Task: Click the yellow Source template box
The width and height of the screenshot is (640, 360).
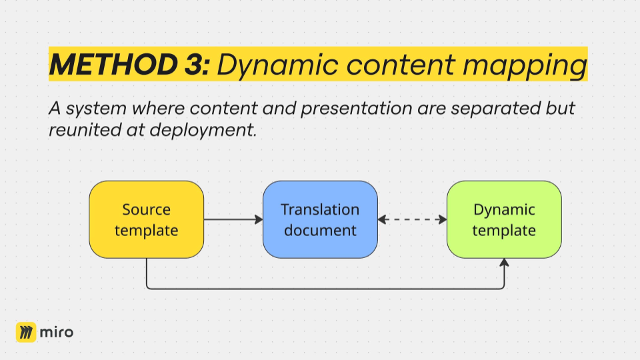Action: pyautogui.click(x=147, y=219)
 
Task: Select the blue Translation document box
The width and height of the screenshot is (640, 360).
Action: pyautogui.click(x=320, y=219)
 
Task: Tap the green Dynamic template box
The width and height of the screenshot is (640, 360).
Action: pyautogui.click(x=504, y=219)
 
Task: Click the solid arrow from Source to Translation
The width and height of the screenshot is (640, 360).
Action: pyautogui.click(x=233, y=219)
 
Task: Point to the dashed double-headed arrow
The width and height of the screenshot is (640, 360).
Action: pyautogui.click(x=412, y=219)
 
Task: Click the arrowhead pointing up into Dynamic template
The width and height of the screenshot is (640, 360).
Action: pyautogui.click(x=504, y=263)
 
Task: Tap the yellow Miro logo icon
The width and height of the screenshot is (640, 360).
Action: pyautogui.click(x=26, y=332)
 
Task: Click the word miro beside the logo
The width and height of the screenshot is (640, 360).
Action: pyautogui.click(x=57, y=332)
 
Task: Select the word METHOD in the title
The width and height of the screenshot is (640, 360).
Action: pyautogui.click(x=113, y=65)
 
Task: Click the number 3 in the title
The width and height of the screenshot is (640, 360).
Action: pyautogui.click(x=194, y=65)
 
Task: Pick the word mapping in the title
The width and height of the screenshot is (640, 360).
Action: pyautogui.click(x=525, y=66)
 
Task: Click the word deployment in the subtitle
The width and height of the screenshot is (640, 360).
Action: pyautogui.click(x=203, y=131)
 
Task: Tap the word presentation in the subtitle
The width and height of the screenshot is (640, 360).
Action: pyautogui.click(x=357, y=109)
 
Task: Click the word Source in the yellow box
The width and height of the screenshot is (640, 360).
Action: pyautogui.click(x=147, y=209)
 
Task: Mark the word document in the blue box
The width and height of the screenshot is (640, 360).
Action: pyautogui.click(x=320, y=230)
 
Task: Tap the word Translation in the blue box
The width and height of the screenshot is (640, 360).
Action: pyautogui.click(x=320, y=209)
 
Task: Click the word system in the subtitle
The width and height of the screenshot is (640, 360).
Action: pyautogui.click(x=96, y=109)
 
